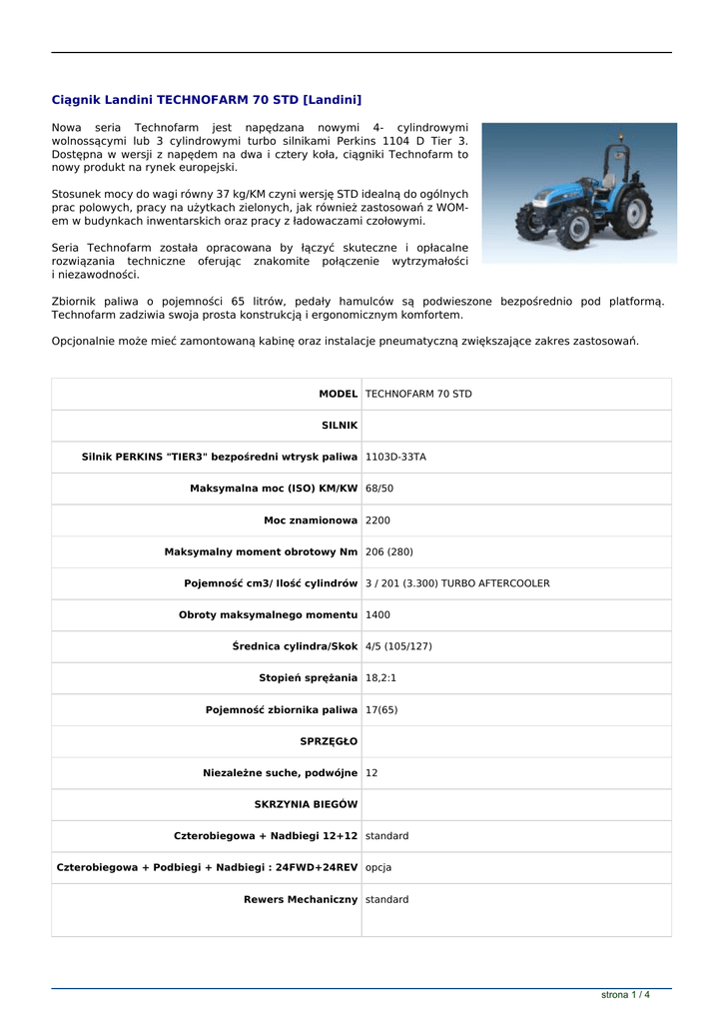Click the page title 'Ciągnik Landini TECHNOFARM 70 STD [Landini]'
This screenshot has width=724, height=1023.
tap(206, 100)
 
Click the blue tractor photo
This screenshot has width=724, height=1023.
tap(579, 193)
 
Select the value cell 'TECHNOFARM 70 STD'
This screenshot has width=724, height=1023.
tap(418, 394)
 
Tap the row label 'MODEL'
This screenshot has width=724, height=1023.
tap(338, 394)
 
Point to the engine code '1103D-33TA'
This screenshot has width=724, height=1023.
tap(395, 457)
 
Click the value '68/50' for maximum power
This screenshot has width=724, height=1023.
tap(379, 489)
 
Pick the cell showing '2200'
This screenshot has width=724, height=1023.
tap(377, 520)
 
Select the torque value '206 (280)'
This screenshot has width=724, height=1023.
tap(388, 551)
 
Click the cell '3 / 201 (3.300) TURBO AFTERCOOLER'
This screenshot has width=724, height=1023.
tap(457, 583)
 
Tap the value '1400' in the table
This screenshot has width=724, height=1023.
tap(377, 614)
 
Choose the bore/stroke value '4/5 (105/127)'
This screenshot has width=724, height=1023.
tap(398, 646)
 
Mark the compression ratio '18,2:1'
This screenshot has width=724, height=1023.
tap(380, 678)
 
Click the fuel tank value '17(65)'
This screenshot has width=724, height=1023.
tap(382, 709)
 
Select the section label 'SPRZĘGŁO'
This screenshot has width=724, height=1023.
tap(329, 741)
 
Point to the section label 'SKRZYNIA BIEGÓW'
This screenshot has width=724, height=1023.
tap(306, 804)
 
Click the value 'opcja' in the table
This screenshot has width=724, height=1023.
tap(378, 867)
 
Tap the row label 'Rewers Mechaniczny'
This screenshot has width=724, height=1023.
tap(301, 899)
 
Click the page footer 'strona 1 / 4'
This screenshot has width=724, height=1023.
tap(625, 995)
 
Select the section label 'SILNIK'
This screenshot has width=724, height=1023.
tap(340, 426)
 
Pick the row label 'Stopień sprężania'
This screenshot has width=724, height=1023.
tap(308, 678)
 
